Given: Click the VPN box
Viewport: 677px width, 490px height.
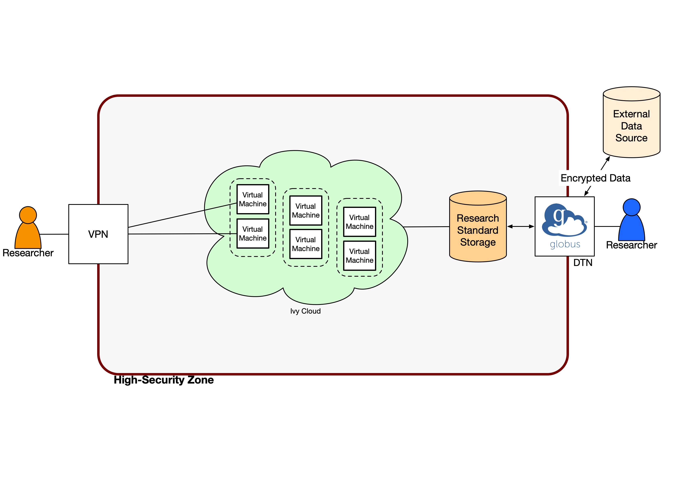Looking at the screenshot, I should (98, 234).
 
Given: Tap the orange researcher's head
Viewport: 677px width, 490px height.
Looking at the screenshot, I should (28, 215).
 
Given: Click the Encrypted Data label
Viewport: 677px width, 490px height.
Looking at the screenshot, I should (595, 178).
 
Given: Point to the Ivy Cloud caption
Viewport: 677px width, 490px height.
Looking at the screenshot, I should (305, 311).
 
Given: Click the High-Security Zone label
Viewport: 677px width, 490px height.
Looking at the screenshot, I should (164, 380).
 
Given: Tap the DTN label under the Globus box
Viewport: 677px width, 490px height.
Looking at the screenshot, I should (583, 263).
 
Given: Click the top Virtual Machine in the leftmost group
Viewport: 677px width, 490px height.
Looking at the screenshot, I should (253, 199).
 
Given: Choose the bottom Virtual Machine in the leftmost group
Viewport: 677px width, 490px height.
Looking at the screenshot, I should (253, 234).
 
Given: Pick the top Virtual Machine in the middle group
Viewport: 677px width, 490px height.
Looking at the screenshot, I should (306, 211).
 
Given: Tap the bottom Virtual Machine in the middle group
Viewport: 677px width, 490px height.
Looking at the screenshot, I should (306, 244).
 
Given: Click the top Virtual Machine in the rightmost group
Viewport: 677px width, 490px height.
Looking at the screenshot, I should (359, 222).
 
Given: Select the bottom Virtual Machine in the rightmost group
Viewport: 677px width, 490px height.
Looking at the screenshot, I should (359, 256).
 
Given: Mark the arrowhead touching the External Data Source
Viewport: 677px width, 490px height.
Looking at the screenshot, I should (608, 158).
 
